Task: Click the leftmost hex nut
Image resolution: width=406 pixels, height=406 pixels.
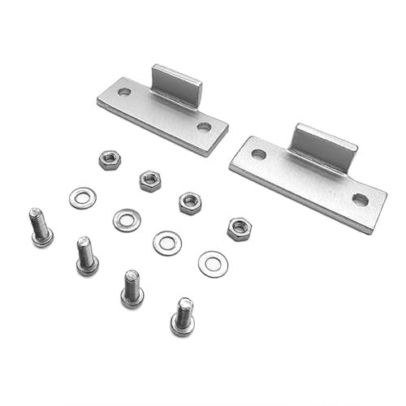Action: point(110,159)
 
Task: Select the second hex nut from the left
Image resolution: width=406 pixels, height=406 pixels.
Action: point(149,180)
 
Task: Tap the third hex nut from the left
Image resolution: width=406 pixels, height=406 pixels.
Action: point(190,202)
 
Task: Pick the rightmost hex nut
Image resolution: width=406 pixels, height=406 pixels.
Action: point(239,228)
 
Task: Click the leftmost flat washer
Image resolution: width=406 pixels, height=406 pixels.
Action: point(83,197)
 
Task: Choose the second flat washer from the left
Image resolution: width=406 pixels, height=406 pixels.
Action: point(127,219)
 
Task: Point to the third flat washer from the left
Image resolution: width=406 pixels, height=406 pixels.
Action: point(167,242)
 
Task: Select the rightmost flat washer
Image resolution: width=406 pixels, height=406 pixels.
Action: point(213,263)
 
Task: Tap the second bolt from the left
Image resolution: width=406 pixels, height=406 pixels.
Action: point(86,255)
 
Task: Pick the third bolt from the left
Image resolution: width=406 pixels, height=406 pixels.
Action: point(132,288)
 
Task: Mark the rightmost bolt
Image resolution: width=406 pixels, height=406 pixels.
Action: point(183,316)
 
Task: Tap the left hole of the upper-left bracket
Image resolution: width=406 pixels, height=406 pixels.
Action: point(124,93)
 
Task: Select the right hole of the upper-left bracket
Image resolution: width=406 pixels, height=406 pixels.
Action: point(203,127)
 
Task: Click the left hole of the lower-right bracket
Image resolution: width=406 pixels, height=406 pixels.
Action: point(258,154)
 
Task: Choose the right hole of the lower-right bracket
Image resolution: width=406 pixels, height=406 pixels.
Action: point(360,200)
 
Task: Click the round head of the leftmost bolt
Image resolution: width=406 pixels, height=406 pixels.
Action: point(43,238)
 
